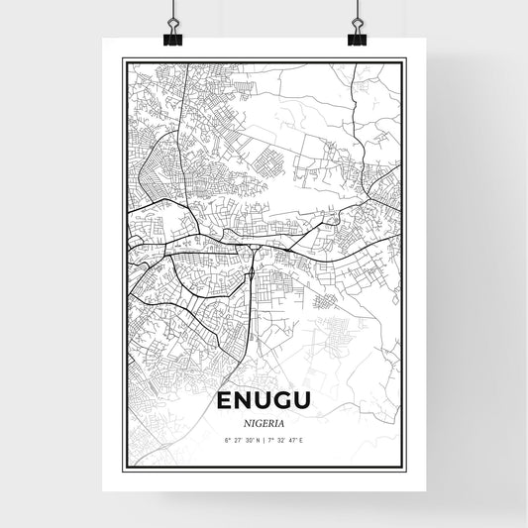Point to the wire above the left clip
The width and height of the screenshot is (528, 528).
pos(171,12)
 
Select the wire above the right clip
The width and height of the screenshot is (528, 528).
pos(357,12)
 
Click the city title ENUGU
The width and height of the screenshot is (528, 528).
pos(264,402)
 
